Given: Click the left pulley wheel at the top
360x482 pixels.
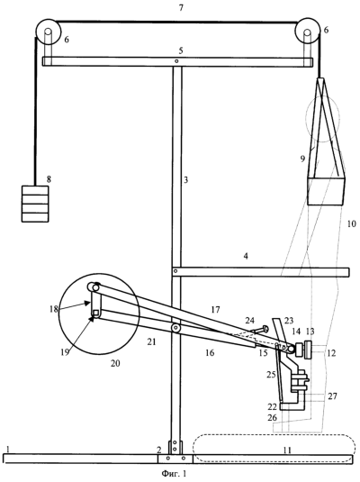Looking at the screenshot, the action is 49,32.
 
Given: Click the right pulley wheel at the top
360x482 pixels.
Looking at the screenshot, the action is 307,32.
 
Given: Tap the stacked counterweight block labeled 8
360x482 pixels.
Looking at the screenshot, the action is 35,204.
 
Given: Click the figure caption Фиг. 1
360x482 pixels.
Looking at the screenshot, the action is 174,474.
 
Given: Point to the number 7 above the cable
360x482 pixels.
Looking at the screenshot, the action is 181,8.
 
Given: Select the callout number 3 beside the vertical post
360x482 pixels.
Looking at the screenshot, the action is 185,180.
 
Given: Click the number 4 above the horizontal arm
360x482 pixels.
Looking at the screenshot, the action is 246,256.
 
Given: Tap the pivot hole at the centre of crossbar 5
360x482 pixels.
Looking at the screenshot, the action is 176,61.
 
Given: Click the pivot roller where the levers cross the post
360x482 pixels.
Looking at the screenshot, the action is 176,328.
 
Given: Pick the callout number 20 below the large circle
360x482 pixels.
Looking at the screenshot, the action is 115,363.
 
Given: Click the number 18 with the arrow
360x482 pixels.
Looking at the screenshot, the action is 54,309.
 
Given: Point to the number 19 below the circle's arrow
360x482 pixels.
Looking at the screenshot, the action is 65,352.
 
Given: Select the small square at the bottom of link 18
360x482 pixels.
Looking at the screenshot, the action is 95,313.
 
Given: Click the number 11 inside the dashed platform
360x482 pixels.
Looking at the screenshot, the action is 287,450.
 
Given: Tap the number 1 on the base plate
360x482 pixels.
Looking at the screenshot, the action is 8,449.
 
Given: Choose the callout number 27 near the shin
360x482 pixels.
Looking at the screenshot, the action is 332,396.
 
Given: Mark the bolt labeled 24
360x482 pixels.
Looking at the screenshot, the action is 260,330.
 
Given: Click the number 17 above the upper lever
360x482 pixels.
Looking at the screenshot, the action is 216,310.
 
